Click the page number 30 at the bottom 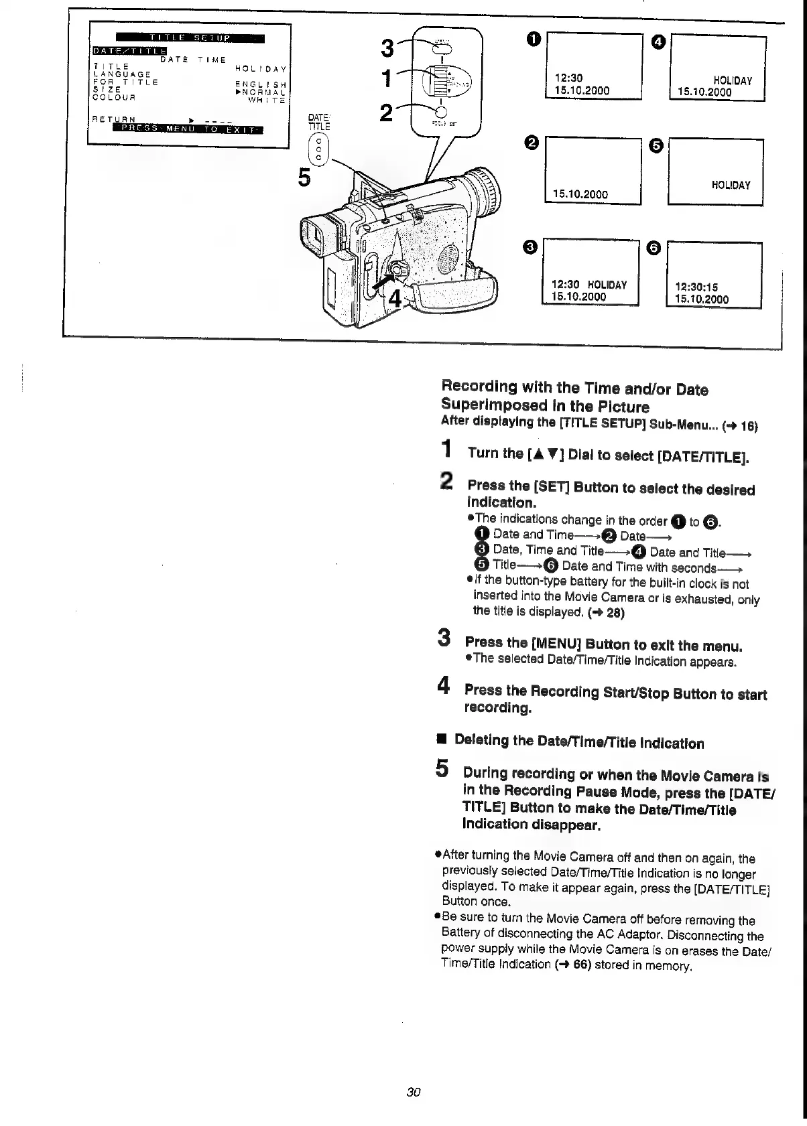coord(413,1093)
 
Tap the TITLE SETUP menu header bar coord(190,37)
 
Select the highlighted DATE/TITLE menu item coord(129,49)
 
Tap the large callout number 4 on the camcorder coord(395,297)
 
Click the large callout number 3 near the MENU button coord(387,48)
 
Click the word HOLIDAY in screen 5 coord(731,185)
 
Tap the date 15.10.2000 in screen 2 coord(580,194)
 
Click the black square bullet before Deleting coord(441,740)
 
